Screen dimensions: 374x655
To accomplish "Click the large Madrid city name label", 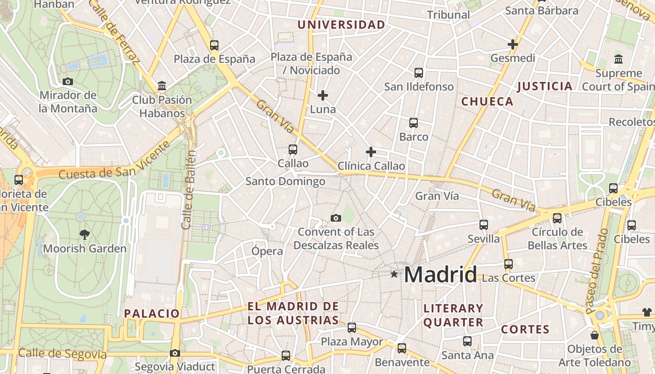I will (x=440, y=274).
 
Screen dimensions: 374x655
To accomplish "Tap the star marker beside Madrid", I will (x=394, y=274).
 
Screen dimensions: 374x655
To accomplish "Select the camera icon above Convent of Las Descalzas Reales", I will (x=335, y=218).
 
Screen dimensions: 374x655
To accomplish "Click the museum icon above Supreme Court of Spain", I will (x=619, y=59).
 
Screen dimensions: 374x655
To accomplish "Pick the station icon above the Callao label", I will (x=293, y=150).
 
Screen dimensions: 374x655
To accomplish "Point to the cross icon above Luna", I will (x=323, y=95).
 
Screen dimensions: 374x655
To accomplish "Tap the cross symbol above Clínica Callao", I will (x=371, y=152).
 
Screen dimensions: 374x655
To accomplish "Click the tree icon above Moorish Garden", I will (x=85, y=234).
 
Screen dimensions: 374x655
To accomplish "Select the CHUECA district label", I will (x=487, y=101).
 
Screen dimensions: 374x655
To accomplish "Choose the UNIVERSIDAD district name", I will (x=342, y=25).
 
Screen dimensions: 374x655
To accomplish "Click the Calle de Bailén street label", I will (x=188, y=189).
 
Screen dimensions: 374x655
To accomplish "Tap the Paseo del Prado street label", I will (x=597, y=271).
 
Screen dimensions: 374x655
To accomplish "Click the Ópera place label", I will (x=267, y=251).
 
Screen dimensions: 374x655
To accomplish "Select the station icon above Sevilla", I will (x=484, y=225).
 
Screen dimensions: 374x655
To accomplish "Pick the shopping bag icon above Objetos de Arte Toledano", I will (x=594, y=335).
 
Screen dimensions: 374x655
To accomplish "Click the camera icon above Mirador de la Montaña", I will (x=68, y=81).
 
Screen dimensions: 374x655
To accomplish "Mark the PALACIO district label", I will (x=152, y=313).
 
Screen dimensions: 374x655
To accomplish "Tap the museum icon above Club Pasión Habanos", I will (x=162, y=86).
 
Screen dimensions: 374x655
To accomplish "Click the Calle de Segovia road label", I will (x=63, y=354).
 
